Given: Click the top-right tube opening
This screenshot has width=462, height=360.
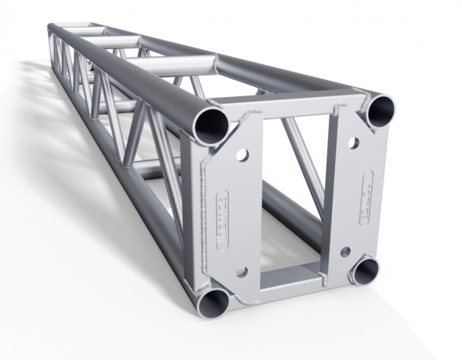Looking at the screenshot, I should click(x=380, y=112).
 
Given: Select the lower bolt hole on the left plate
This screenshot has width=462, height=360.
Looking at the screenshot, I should click(x=242, y=271).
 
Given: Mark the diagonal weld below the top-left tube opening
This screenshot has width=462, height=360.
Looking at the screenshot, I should click(x=235, y=123).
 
